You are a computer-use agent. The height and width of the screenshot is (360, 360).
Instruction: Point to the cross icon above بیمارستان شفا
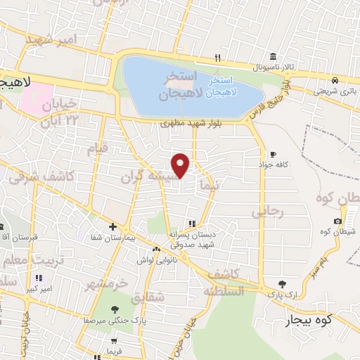[112, 226]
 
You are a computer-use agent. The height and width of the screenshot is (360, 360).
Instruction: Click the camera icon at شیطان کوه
[338, 241]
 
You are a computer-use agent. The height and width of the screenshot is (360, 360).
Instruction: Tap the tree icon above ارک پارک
[282, 283]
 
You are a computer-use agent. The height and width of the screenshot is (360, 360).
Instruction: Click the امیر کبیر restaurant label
[37, 288]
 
